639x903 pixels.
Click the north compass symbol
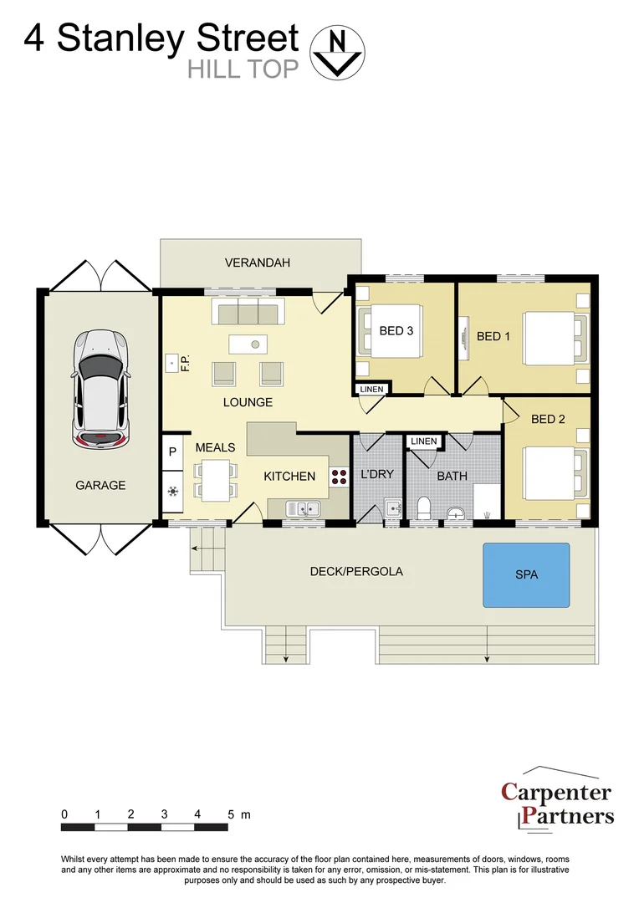[x=338, y=52]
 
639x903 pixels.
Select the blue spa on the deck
[x=526, y=574]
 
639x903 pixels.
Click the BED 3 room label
[x=396, y=330]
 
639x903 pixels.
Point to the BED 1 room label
[x=493, y=336]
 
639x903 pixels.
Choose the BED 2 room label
[x=548, y=419]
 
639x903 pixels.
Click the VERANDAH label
[x=258, y=263]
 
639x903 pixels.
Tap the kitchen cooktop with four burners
[x=340, y=476]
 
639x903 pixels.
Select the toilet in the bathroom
[x=422, y=508]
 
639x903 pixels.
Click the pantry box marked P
[x=172, y=451]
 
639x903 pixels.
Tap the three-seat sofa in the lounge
[x=248, y=314]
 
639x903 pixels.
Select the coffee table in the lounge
[x=248, y=343]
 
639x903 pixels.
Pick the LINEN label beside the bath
[x=424, y=441]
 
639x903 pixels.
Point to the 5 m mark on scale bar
[x=230, y=814]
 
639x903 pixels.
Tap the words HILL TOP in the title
[x=243, y=69]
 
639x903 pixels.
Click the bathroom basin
[x=456, y=512]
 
